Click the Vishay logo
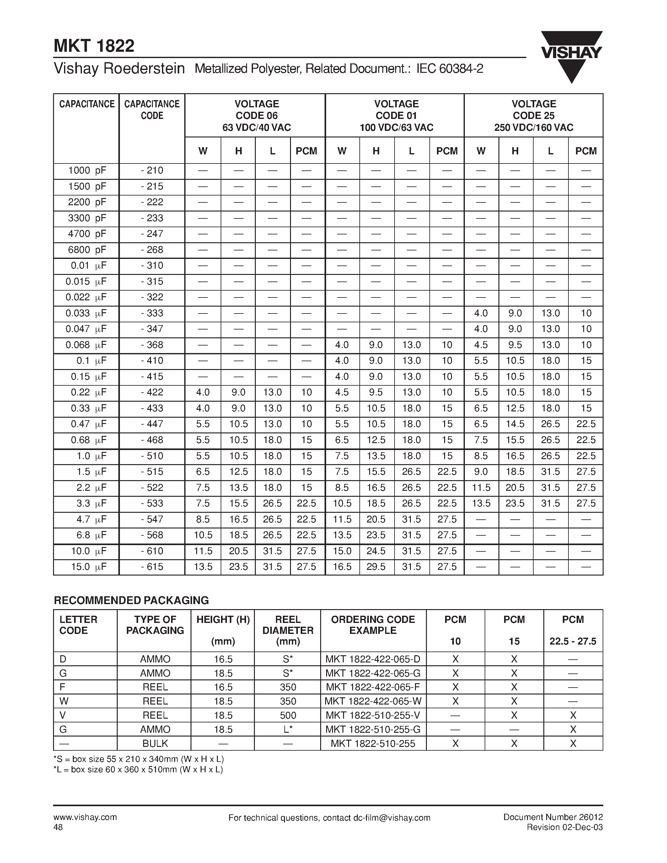coord(571,55)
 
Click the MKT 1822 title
coord(94,46)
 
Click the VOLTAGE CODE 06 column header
coord(256,115)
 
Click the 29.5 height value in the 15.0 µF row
coord(376,567)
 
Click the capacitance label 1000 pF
coord(87,171)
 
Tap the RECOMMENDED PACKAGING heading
coord(131,600)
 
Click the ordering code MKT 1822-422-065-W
coord(373,701)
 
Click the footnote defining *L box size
coord(138,769)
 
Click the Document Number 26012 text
coord(553,817)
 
